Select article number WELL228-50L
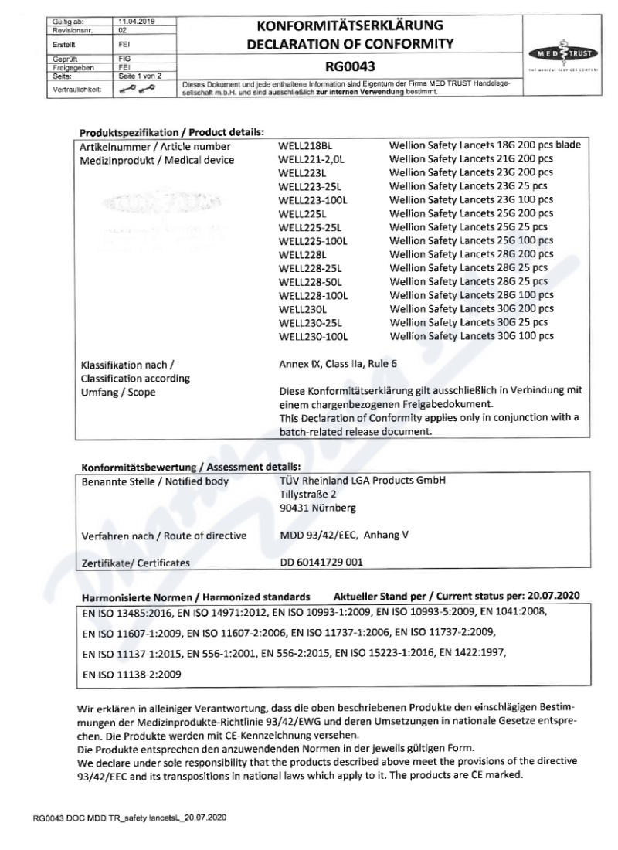(x=309, y=281)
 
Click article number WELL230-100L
(x=312, y=336)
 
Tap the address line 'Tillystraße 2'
(x=307, y=493)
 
